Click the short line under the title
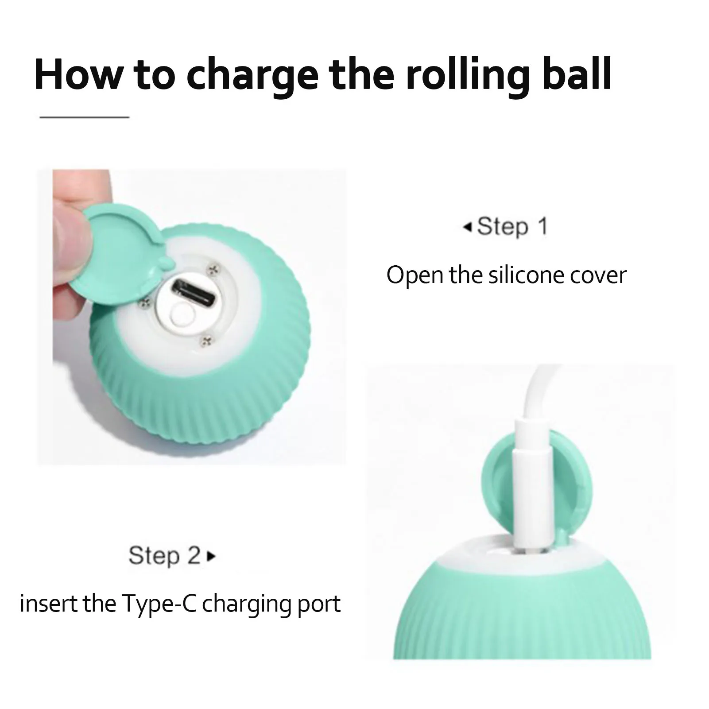[84, 117]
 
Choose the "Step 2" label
[165, 555]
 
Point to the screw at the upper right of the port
[215, 268]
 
